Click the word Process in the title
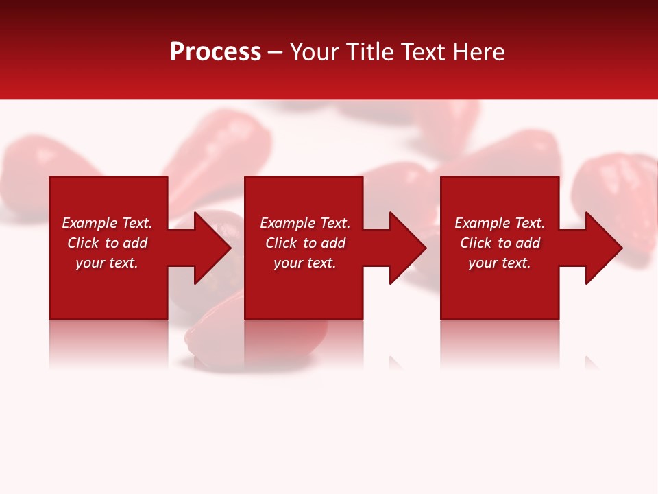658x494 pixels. point(215,51)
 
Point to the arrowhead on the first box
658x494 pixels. point(210,248)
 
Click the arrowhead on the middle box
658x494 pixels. point(406,248)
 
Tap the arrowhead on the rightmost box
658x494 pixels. point(602,248)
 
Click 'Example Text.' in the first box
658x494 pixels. point(107,223)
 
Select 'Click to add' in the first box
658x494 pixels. point(107,243)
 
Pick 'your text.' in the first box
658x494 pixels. point(107,263)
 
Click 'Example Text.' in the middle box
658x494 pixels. point(305,223)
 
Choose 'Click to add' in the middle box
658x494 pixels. point(305,243)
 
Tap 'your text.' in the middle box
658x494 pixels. point(305,263)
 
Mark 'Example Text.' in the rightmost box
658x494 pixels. point(500,223)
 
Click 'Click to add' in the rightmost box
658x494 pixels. point(500,243)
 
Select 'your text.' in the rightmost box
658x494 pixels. point(500,263)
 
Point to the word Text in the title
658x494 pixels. point(421,52)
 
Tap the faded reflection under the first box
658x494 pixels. point(108,343)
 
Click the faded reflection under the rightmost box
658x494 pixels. point(500,343)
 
